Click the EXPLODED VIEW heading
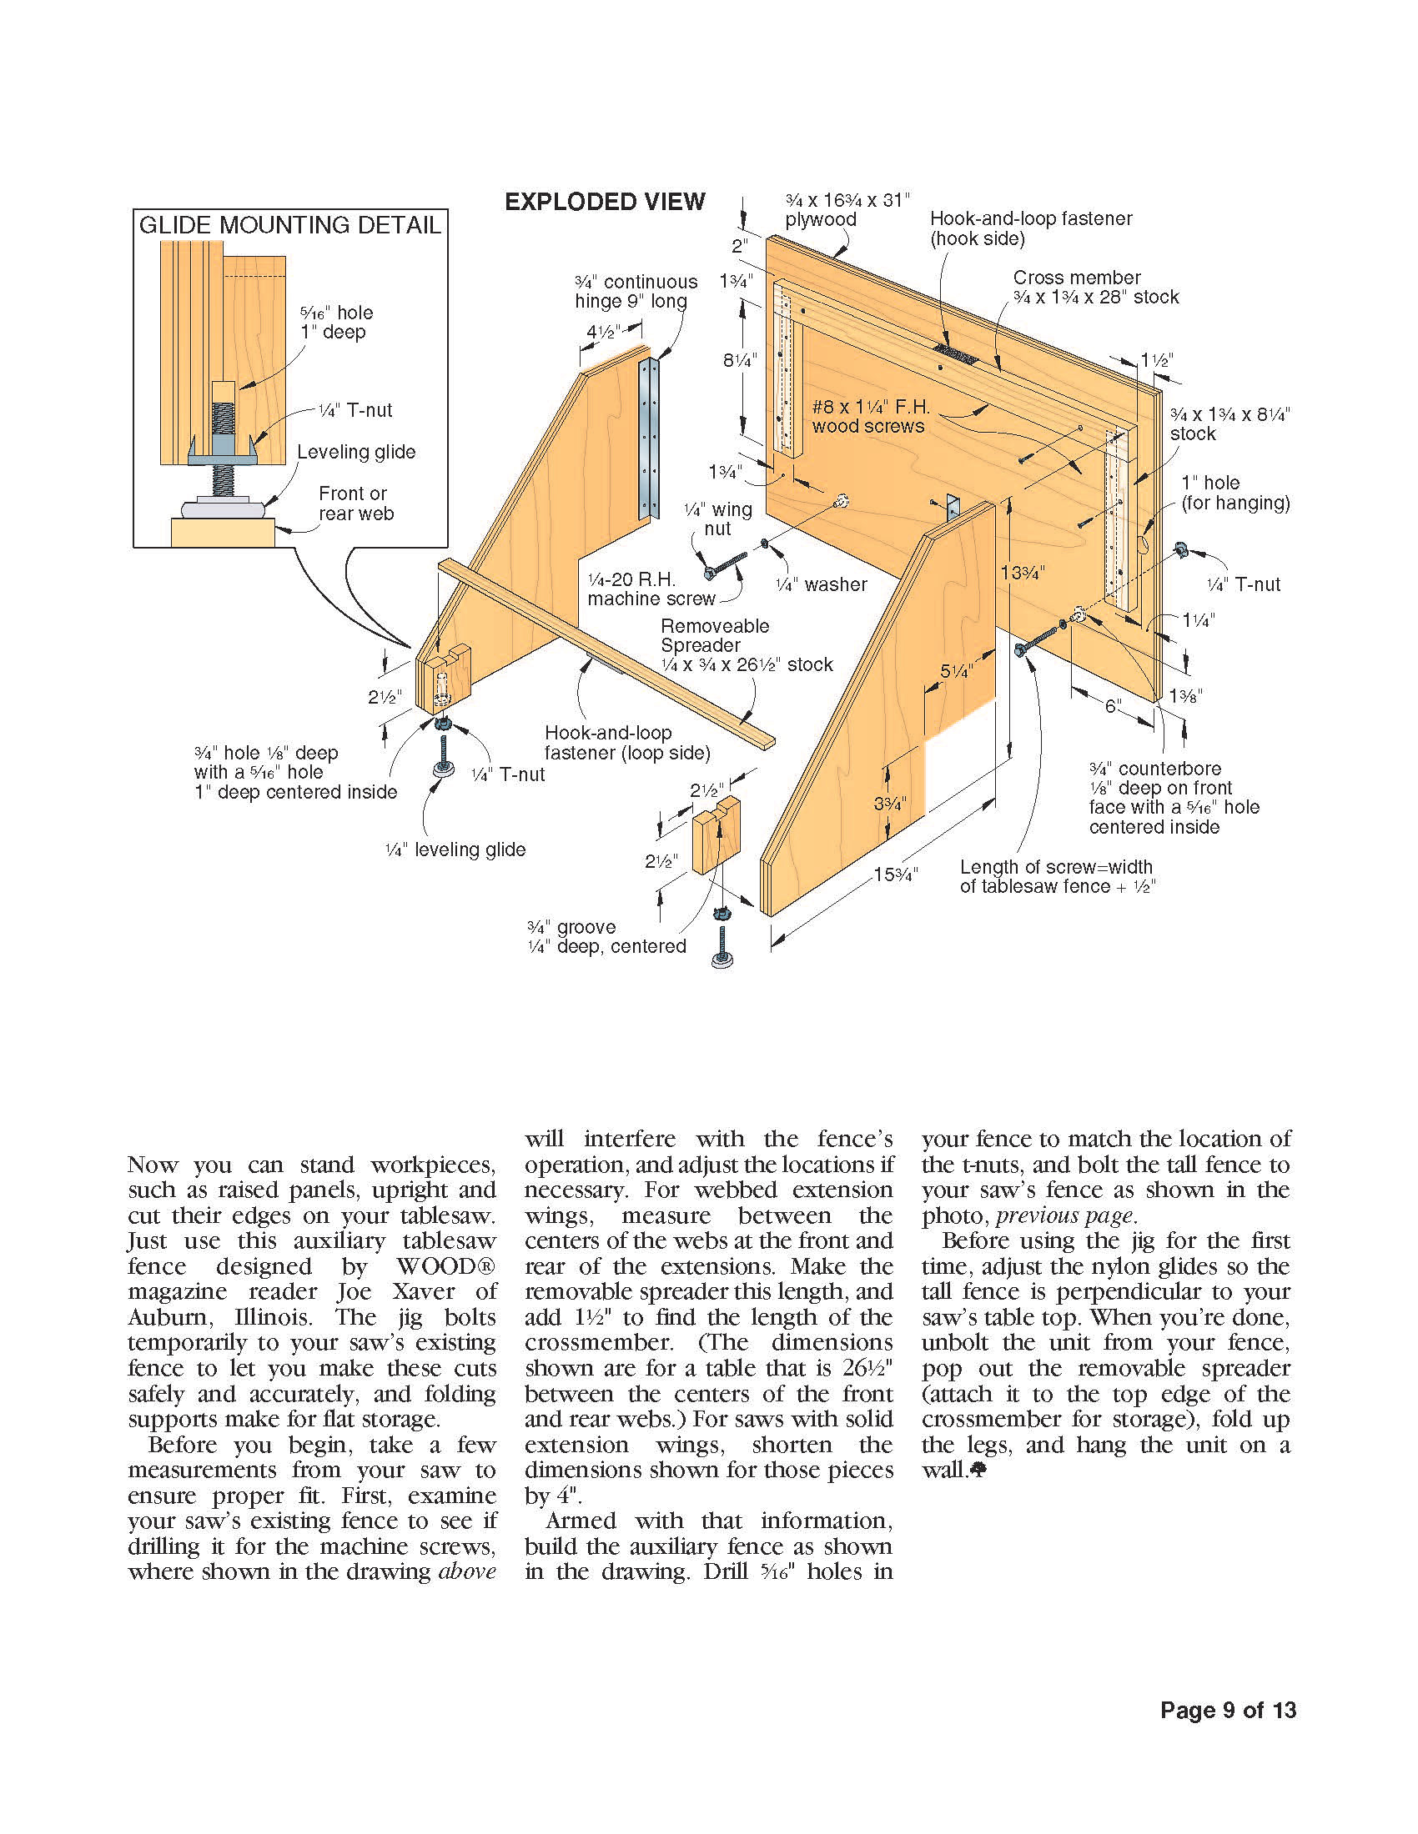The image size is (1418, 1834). pyautogui.click(x=604, y=202)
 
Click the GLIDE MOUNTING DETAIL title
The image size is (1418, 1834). pyautogui.click(x=289, y=225)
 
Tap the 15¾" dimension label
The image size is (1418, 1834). pyautogui.click(x=895, y=874)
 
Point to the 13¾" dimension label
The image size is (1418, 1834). pyautogui.click(x=1023, y=573)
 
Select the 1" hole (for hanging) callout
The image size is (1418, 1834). pyautogui.click(x=1234, y=493)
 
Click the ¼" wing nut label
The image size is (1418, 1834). pyautogui.click(x=717, y=519)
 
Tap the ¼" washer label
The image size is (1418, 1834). pyautogui.click(x=822, y=584)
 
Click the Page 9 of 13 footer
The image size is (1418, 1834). pyautogui.click(x=1227, y=1710)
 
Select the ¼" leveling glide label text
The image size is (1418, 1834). pyautogui.click(x=455, y=849)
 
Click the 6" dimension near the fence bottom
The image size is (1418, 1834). pyautogui.click(x=1113, y=706)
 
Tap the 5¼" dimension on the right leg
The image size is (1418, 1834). pyautogui.click(x=955, y=671)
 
